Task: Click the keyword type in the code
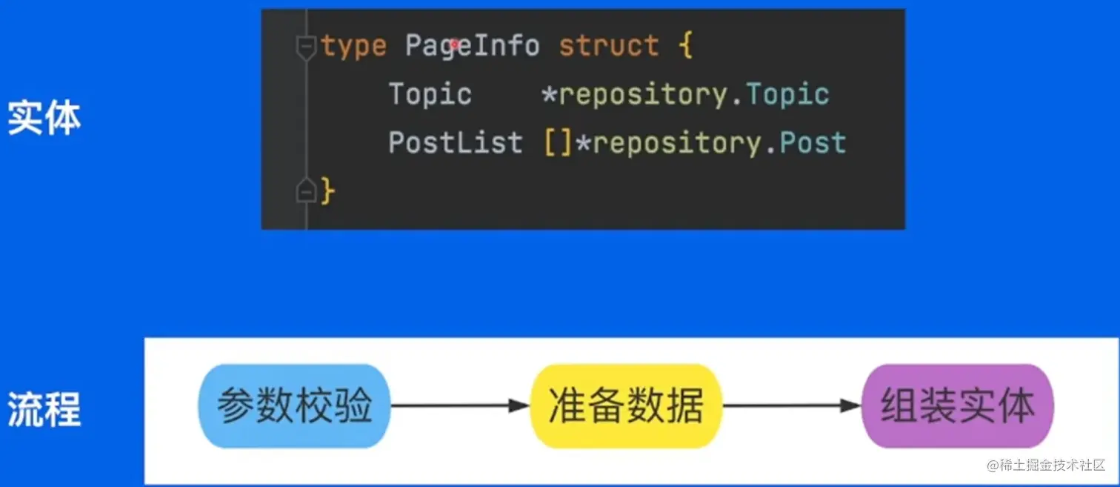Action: point(354,47)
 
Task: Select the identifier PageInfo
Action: point(472,46)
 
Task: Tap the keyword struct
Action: point(608,46)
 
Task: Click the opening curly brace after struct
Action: point(685,47)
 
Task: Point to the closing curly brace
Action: point(328,192)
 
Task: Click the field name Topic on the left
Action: point(430,94)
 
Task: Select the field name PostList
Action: point(455,142)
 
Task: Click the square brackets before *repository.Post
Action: point(559,143)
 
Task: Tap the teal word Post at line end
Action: point(813,142)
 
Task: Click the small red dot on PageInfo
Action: point(454,44)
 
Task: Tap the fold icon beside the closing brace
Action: point(305,192)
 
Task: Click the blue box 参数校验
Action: point(294,405)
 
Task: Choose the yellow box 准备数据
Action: point(626,405)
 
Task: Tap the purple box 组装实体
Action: point(957,405)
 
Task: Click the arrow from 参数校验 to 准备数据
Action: point(460,405)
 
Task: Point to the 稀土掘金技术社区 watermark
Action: point(1044,466)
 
